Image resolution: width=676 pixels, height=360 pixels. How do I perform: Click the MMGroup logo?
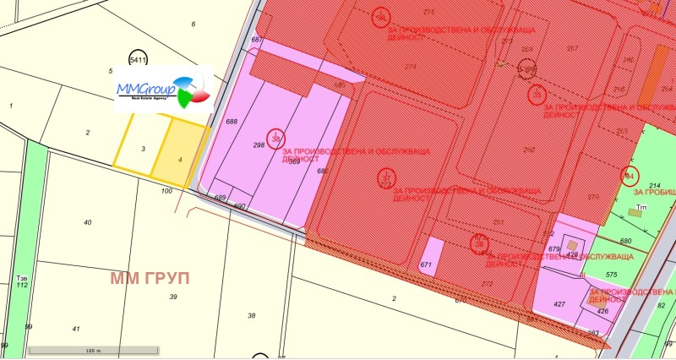pyautogui.click(x=163, y=88)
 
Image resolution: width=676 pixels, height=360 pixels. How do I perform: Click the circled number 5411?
pyautogui.click(x=138, y=60)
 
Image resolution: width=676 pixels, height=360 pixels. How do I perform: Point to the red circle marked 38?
pyautogui.click(x=275, y=138)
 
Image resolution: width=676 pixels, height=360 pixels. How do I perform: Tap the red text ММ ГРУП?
pyautogui.click(x=150, y=277)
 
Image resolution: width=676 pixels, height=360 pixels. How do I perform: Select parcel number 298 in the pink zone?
pyautogui.click(x=259, y=145)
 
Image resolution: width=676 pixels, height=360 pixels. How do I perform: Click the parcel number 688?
pyautogui.click(x=232, y=122)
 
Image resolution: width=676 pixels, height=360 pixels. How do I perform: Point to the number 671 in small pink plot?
pyautogui.click(x=426, y=265)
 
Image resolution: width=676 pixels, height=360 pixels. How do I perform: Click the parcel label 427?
pyautogui.click(x=559, y=304)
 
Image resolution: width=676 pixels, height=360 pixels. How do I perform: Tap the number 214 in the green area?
pyautogui.click(x=654, y=185)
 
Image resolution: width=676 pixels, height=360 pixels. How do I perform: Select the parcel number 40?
pyautogui.click(x=87, y=222)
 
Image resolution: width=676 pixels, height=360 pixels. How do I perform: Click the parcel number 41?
pyautogui.click(x=76, y=329)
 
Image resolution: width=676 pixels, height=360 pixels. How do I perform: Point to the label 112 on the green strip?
pyautogui.click(x=22, y=285)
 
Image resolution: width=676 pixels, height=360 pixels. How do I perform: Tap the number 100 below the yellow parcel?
pyautogui.click(x=166, y=192)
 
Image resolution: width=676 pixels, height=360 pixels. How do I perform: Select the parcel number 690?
pyautogui.click(x=238, y=207)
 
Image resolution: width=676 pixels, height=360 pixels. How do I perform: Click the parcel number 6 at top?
pyautogui.click(x=194, y=24)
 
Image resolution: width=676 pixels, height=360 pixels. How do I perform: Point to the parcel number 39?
pyautogui.click(x=173, y=297)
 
